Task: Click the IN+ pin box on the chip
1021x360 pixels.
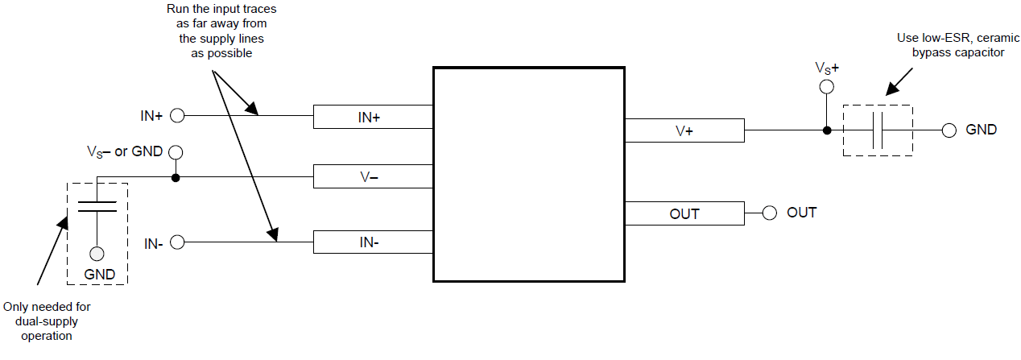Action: tap(373, 117)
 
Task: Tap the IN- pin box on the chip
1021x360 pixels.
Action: tap(373, 242)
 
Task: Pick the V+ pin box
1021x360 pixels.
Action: tap(684, 130)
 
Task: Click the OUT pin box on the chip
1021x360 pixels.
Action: tap(684, 213)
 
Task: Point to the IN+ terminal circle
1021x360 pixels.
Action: tap(177, 116)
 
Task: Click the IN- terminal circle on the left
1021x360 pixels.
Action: tap(177, 242)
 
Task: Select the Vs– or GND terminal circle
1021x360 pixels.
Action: tap(176, 151)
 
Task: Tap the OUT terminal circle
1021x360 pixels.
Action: tap(769, 213)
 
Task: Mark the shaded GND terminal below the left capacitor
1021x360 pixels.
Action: tap(97, 254)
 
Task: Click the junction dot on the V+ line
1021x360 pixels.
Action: tap(825, 130)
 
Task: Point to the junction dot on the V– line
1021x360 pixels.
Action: tap(176, 177)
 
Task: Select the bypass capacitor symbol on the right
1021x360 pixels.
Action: tap(878, 130)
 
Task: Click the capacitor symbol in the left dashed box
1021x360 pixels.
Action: tap(97, 205)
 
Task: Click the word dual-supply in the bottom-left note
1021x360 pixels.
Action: tap(47, 321)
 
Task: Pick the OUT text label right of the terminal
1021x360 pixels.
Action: tap(802, 213)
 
